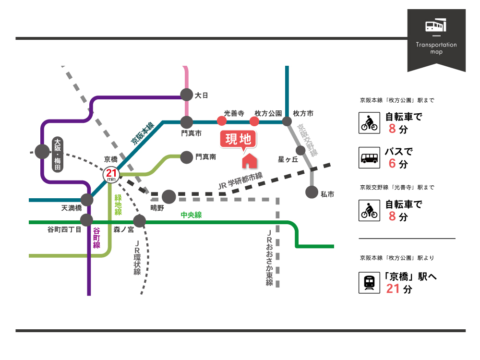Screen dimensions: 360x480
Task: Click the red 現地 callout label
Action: pyautogui.click(x=239, y=139)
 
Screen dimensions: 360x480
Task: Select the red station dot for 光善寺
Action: pyautogui.click(x=222, y=121)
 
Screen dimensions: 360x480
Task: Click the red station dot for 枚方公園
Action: pyautogui.click(x=254, y=121)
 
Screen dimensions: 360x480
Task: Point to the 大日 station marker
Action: pyautogui.click(x=186, y=95)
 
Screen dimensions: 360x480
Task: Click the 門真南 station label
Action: pyautogui.click(x=205, y=156)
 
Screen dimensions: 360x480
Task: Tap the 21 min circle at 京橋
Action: pyautogui.click(x=111, y=174)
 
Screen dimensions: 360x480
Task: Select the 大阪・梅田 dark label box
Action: pyautogui.click(x=58, y=155)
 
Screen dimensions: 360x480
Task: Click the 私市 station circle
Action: pyautogui.click(x=312, y=192)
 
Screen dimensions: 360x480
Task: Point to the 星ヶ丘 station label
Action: pyautogui.click(x=288, y=159)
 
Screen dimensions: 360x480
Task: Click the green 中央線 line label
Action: pyautogui.click(x=191, y=215)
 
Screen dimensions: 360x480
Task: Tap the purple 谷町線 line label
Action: pyautogui.click(x=96, y=238)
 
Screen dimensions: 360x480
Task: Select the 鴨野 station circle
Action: pyautogui.click(x=168, y=196)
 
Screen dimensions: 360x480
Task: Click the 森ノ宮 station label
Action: pyautogui.click(x=123, y=230)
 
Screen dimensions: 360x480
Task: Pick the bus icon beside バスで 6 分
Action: pyautogui.click(x=369, y=158)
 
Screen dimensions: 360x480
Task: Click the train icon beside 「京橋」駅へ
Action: pyautogui.click(x=369, y=283)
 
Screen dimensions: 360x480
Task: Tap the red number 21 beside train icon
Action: pyautogui.click(x=393, y=288)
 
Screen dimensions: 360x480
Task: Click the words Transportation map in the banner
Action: pyautogui.click(x=436, y=48)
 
